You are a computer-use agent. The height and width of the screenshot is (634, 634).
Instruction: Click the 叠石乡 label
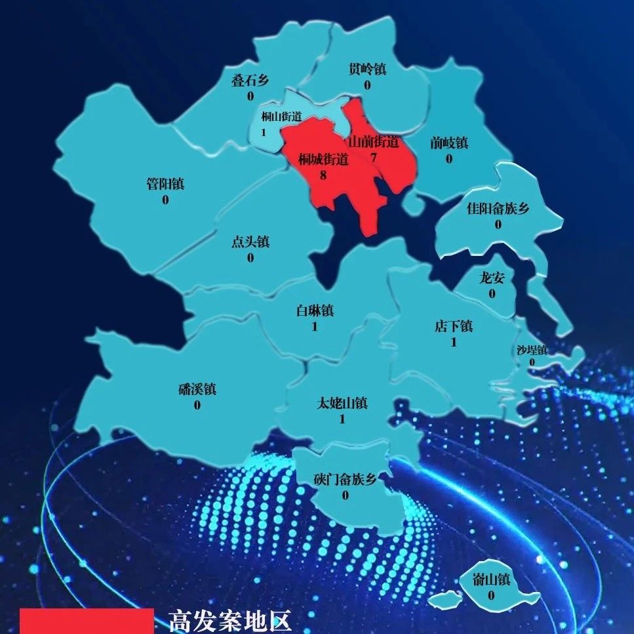pos(250,81)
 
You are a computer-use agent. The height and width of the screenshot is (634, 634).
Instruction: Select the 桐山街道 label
pos(281,117)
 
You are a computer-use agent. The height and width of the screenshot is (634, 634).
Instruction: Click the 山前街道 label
pos(373,142)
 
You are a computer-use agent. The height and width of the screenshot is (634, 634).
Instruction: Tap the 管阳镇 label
pos(165,184)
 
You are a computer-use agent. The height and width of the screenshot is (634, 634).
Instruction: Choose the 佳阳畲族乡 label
pos(498,209)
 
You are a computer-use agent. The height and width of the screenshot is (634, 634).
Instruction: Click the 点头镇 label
pos(250,242)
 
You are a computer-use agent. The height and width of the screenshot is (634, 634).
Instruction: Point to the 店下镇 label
pos(454,326)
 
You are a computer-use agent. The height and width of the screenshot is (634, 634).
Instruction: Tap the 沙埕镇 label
pos(532,350)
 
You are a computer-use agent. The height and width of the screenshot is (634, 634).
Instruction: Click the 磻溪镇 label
pos(197,389)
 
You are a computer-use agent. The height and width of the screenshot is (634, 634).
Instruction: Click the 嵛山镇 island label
pos(491,580)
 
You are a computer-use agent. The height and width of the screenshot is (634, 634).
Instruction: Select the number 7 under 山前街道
pos(373,158)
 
